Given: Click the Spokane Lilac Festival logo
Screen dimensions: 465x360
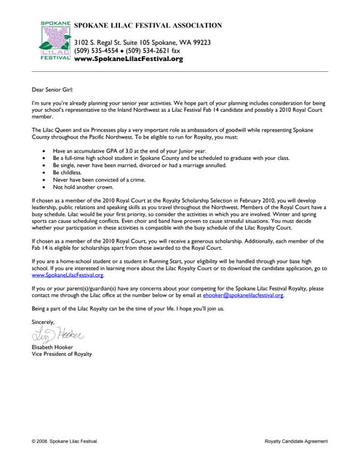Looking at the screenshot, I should (55, 41).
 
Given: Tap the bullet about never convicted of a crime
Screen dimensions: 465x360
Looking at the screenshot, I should (103, 179).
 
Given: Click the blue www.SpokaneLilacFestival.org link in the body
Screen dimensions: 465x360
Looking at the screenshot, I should (68, 276).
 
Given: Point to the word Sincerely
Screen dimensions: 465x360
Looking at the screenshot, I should (44, 321).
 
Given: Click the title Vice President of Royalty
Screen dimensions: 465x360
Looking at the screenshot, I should (62, 354).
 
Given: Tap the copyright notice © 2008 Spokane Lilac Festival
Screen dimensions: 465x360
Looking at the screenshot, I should (65, 441).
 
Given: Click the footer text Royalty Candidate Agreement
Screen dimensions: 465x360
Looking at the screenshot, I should (296, 441).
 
